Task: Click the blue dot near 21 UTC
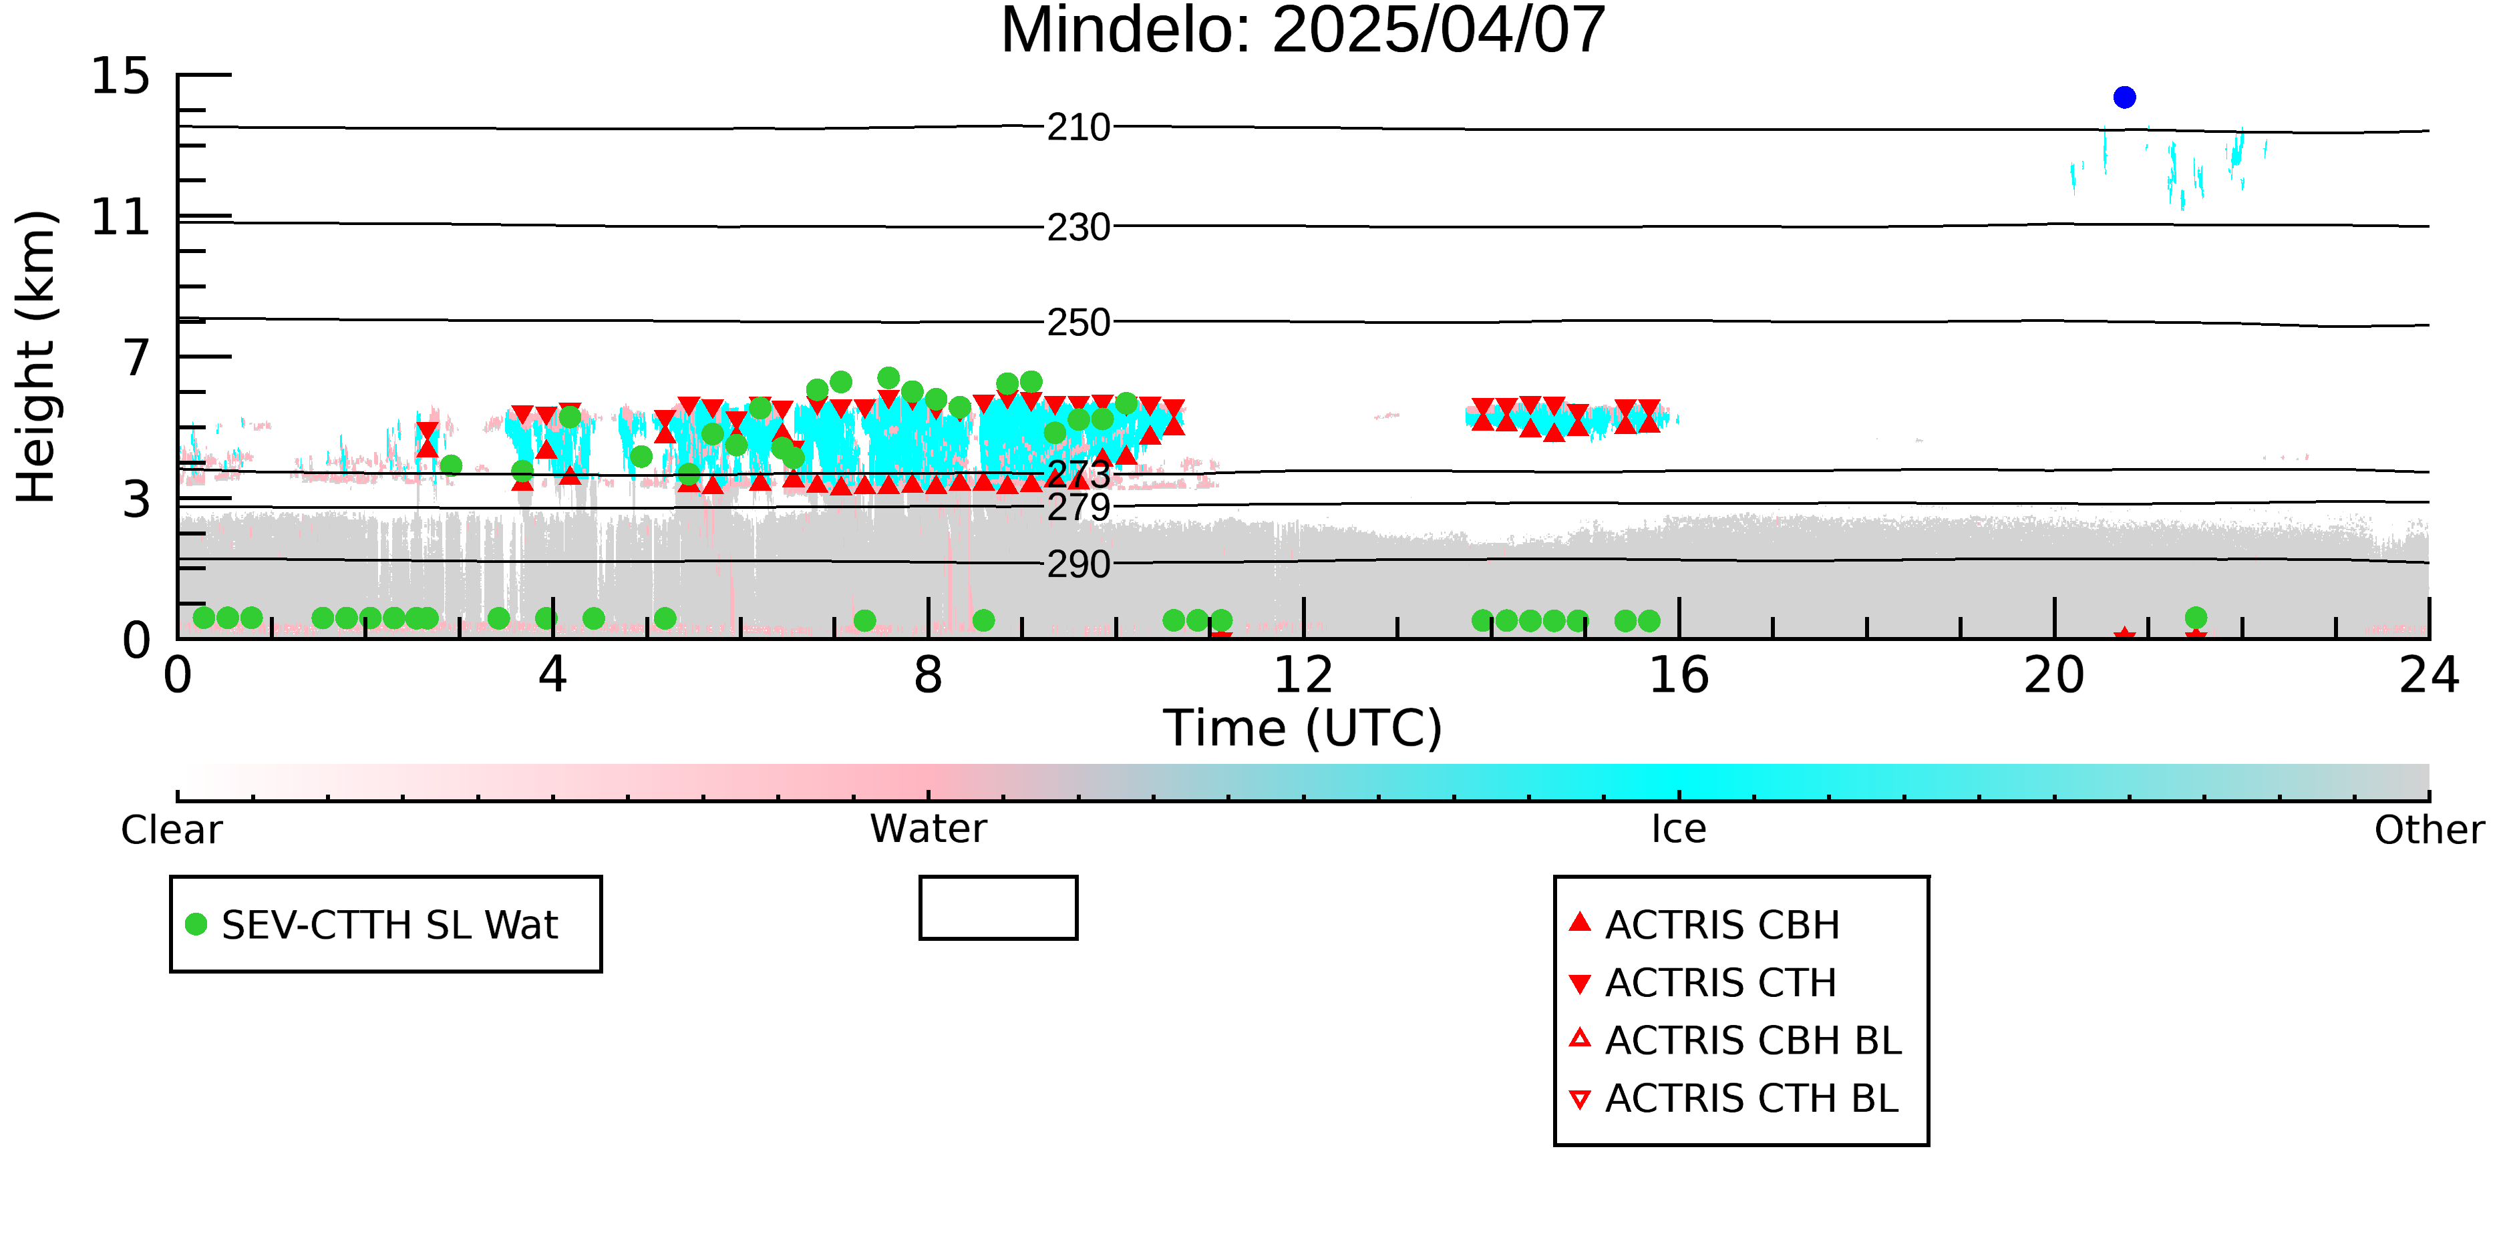[x=2125, y=97]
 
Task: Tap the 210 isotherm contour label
[x=1078, y=128]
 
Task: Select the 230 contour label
[x=1078, y=228]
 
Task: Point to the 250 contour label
[x=1078, y=323]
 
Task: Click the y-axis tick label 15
[x=121, y=76]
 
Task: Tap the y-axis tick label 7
[x=137, y=358]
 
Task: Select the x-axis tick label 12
[x=1303, y=674]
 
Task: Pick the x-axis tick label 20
[x=2054, y=674]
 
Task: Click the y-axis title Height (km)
[x=37, y=357]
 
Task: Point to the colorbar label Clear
[x=171, y=830]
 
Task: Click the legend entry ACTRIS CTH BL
[x=1734, y=1098]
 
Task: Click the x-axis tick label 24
[x=2429, y=674]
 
